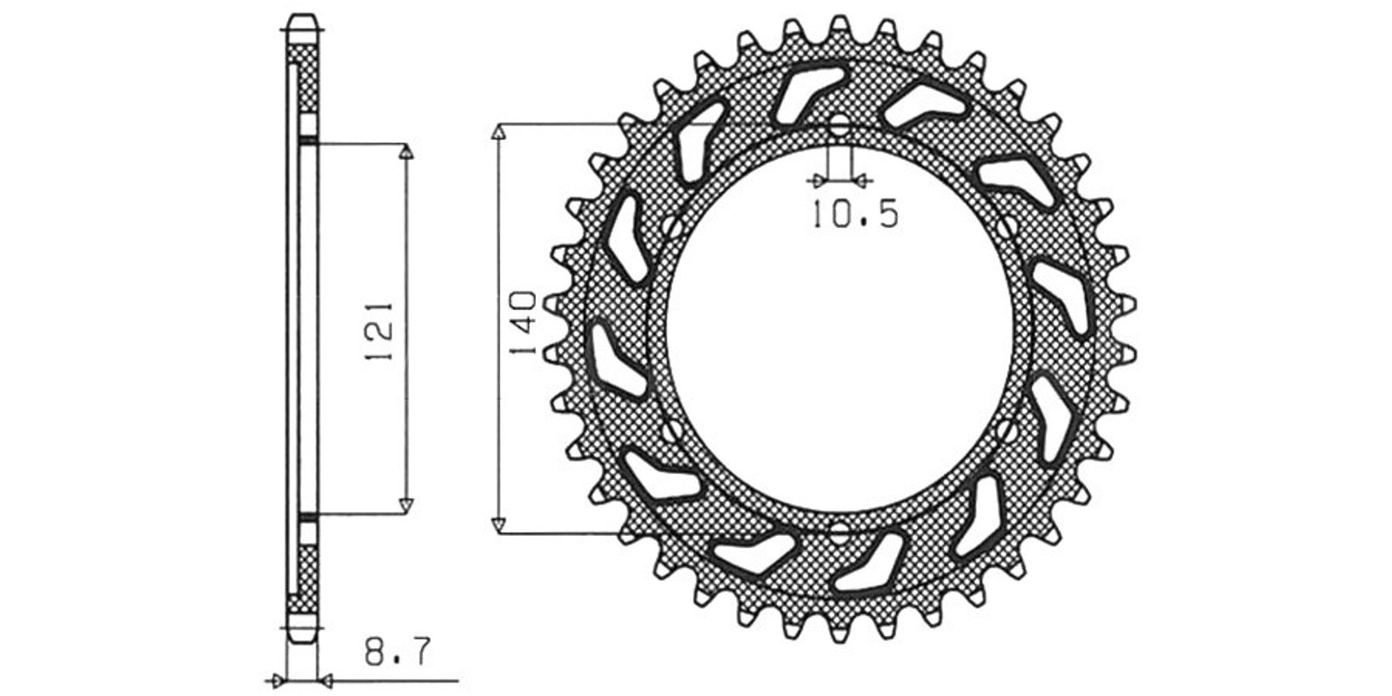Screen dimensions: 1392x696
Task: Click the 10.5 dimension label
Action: coord(855,214)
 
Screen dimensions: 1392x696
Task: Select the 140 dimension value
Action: coord(523,323)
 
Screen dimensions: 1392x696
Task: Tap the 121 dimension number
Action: coord(379,331)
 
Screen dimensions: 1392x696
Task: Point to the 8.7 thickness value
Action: coord(398,652)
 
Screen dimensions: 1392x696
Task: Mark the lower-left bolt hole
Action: coord(671,430)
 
